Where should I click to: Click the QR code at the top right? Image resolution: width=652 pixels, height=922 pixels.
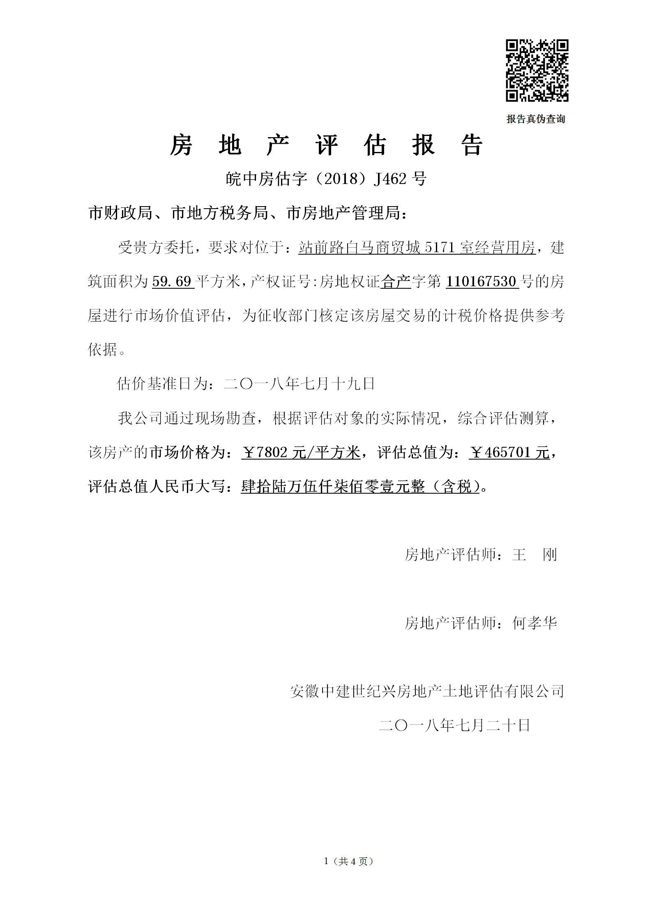(537, 70)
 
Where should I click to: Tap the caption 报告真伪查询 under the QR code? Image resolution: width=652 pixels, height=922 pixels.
(536, 119)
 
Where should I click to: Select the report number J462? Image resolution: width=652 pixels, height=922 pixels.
(390, 179)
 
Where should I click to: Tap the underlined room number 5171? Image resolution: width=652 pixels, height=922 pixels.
(440, 247)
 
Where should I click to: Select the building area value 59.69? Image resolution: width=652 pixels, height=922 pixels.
(172, 281)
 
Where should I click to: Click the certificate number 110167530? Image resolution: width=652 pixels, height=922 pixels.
(481, 281)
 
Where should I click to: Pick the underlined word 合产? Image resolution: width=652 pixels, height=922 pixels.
(396, 281)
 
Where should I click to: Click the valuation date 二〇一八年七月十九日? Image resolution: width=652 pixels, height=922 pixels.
(299, 384)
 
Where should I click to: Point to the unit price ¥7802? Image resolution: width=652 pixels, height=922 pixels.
(265, 453)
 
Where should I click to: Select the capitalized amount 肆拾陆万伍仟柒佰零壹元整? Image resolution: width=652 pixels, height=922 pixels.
(333, 487)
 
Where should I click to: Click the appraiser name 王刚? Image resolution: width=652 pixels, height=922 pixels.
(535, 555)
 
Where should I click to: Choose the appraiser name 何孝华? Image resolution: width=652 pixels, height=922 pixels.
(535, 623)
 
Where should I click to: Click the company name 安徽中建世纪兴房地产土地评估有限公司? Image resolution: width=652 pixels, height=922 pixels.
(427, 691)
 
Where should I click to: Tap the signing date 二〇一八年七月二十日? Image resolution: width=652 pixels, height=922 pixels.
(454, 725)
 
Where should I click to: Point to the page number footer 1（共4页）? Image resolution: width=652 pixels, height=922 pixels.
(349, 861)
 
